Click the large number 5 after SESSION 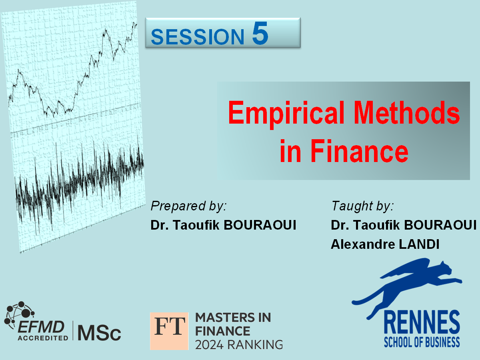click(x=260, y=33)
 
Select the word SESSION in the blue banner click(x=198, y=36)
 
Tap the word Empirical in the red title click(x=286, y=114)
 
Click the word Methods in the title click(x=407, y=112)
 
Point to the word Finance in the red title click(x=359, y=151)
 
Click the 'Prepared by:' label click(x=188, y=206)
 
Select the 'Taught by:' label click(x=362, y=206)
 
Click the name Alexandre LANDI click(x=385, y=244)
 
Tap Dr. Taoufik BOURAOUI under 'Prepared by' click(x=223, y=225)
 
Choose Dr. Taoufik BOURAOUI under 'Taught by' click(x=404, y=225)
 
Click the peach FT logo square click(x=169, y=331)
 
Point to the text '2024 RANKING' click(x=239, y=345)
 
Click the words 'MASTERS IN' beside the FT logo click(x=233, y=317)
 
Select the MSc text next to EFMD click(x=99, y=333)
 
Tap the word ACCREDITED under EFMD click(x=43, y=338)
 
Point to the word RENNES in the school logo click(x=422, y=322)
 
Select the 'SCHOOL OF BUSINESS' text click(x=422, y=342)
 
